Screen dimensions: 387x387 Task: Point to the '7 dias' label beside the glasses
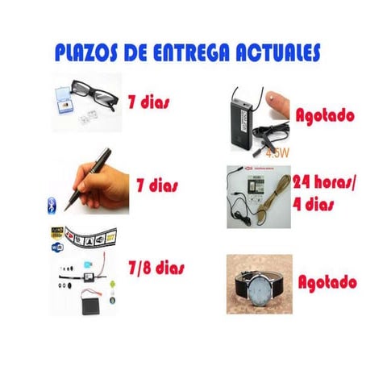[148, 103]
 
